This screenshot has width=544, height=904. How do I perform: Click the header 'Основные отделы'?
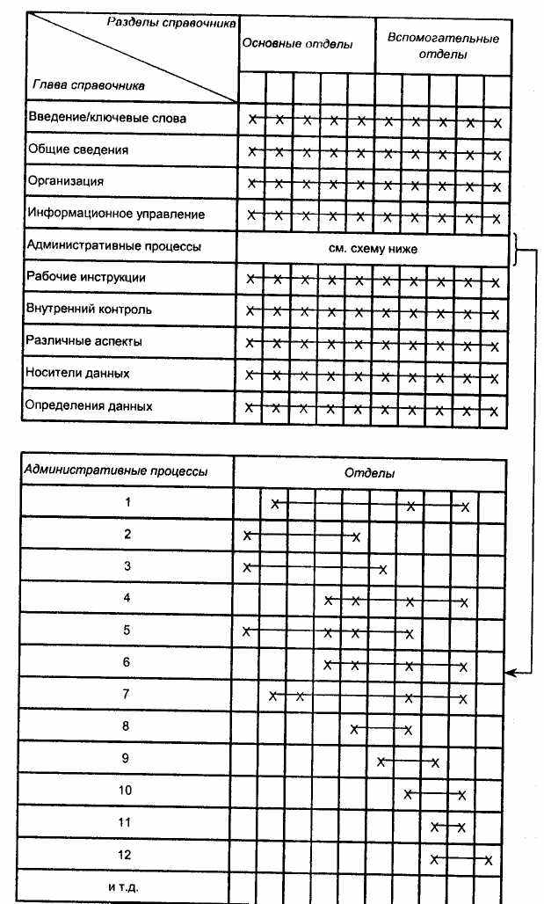pyautogui.click(x=297, y=44)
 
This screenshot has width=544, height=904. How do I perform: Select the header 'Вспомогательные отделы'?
pyautogui.click(x=442, y=46)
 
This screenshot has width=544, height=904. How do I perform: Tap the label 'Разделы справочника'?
pyautogui.click(x=171, y=23)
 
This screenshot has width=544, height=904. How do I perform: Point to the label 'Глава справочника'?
pyautogui.click(x=88, y=85)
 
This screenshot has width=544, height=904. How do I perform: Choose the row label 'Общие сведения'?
pyautogui.click(x=78, y=149)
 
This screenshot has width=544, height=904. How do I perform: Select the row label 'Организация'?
pyautogui.click(x=66, y=181)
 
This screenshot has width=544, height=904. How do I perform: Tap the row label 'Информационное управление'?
pyautogui.click(x=116, y=214)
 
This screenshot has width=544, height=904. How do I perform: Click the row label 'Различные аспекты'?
pyautogui.click(x=84, y=341)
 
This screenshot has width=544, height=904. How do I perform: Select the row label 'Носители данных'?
pyautogui.click(x=78, y=373)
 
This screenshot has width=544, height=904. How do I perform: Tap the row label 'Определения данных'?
pyautogui.click(x=90, y=405)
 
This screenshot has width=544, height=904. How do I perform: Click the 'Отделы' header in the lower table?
pyautogui.click(x=369, y=473)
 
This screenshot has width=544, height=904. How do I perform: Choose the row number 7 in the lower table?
pyautogui.click(x=127, y=695)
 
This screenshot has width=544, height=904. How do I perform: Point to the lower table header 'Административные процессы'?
pyautogui.click(x=116, y=470)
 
